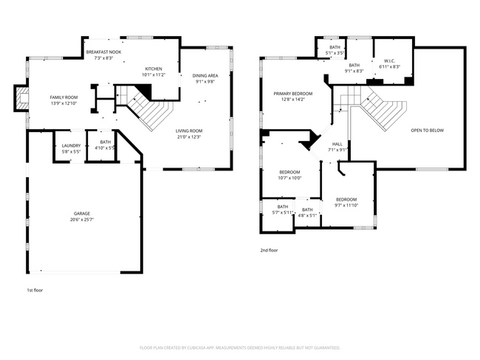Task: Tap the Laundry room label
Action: coord(72,148)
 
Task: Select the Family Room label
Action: coord(64,100)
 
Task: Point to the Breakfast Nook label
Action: coord(103,55)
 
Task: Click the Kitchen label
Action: coord(153,72)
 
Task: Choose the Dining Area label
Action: coord(205,78)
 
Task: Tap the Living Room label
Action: coord(189,134)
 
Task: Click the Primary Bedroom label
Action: coord(292,97)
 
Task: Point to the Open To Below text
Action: coord(427,131)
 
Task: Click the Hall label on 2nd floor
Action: coord(337,147)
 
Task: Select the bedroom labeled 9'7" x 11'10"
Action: coord(346,202)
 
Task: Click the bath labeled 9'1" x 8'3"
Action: coord(354,69)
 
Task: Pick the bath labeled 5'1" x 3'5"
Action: coord(335,51)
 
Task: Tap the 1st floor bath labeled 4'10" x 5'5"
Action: coord(105,145)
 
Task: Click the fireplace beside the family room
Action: coord(22,99)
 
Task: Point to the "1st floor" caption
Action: coord(35,290)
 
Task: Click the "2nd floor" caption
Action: coord(269,251)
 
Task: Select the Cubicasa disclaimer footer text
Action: coord(240,347)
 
